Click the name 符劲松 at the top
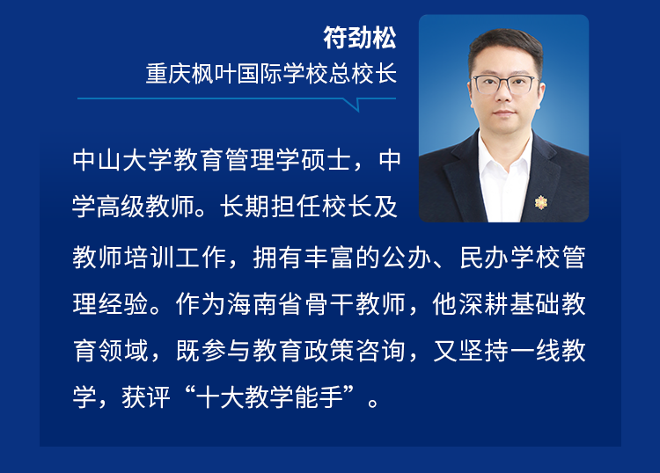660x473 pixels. pos(360,38)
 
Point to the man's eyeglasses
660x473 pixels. pos(504,84)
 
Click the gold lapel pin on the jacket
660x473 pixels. pos(540,202)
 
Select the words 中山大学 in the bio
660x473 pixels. pos(122,160)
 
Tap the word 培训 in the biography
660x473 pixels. pos(150,257)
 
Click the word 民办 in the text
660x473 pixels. pos(485,257)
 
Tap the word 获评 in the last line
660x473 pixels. pos(145,397)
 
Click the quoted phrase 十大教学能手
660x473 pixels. pos(270,397)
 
